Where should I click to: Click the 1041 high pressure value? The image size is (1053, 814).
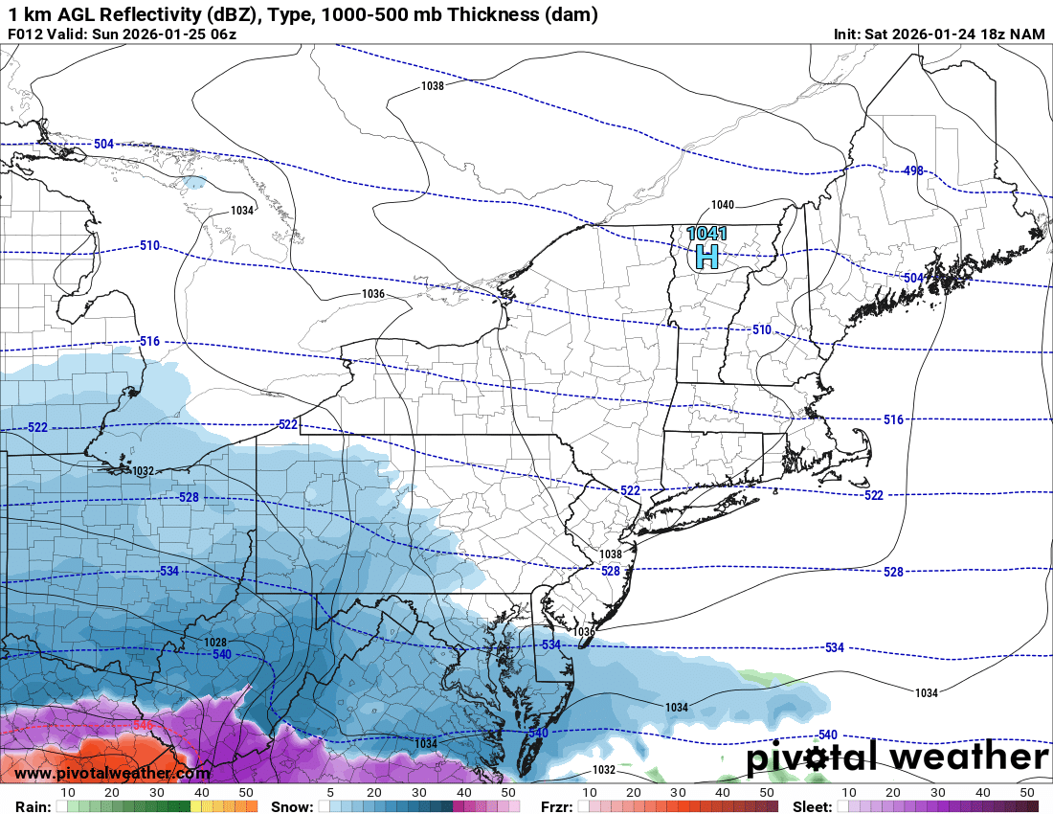pyautogui.click(x=706, y=234)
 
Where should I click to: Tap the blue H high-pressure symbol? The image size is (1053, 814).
pyautogui.click(x=706, y=256)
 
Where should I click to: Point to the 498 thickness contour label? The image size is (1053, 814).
pyautogui.click(x=912, y=170)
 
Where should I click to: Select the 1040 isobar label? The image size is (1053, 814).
pyautogui.click(x=722, y=205)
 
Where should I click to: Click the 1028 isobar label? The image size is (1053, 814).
pyautogui.click(x=215, y=642)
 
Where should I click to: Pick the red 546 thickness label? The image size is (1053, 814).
pyautogui.click(x=143, y=726)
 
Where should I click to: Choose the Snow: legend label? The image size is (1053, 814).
pyautogui.click(x=291, y=806)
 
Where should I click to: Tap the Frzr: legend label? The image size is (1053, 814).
pyautogui.click(x=552, y=806)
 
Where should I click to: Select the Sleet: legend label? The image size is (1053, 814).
pyautogui.click(x=813, y=806)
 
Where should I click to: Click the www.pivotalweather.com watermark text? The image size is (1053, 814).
pyautogui.click(x=112, y=773)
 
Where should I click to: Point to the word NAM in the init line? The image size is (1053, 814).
pyautogui.click(x=1027, y=34)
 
